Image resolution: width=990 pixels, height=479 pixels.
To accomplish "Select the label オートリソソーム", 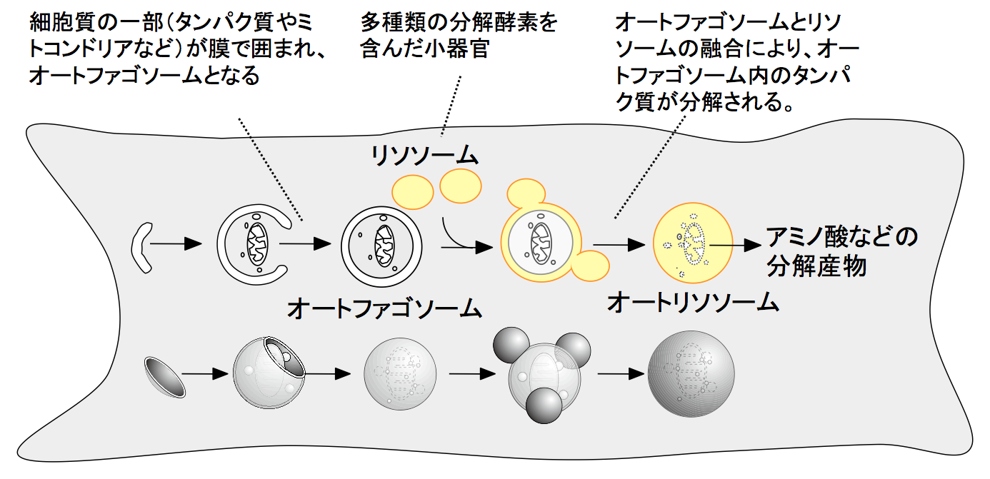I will click(x=692, y=303).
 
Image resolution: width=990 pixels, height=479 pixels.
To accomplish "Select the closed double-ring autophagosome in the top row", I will click(x=379, y=243).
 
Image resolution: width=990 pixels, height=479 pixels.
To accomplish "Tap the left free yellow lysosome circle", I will click(x=414, y=193).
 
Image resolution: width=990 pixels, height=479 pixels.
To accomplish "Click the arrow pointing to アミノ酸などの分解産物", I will click(x=736, y=244).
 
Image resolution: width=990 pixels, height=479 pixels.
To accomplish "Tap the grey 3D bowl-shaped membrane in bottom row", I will click(x=164, y=375).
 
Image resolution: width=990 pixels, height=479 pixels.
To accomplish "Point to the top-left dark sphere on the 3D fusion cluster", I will click(x=513, y=346).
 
